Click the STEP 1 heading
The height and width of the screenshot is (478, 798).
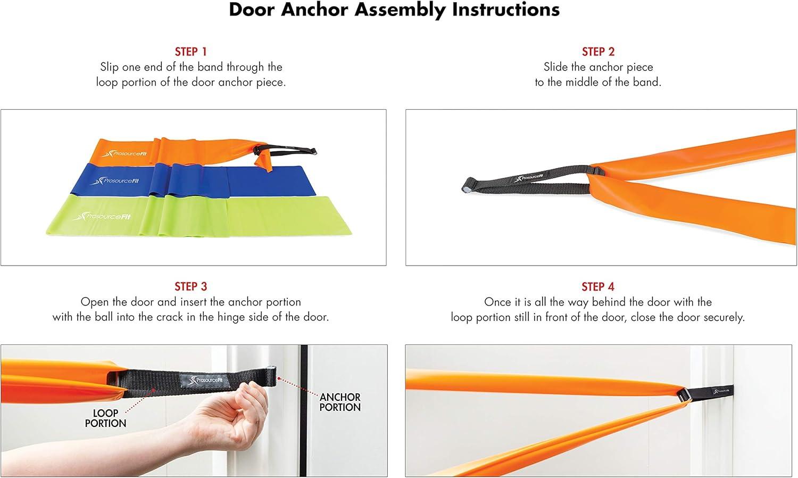click(x=190, y=52)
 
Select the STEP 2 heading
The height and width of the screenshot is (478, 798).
click(x=598, y=52)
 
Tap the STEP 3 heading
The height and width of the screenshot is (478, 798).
click(x=190, y=286)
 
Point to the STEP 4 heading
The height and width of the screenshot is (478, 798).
click(x=598, y=286)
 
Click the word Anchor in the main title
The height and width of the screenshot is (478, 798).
click(x=314, y=10)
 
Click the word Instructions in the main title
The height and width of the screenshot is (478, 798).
click(x=506, y=10)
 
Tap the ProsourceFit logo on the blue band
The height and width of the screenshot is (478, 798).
click(x=115, y=181)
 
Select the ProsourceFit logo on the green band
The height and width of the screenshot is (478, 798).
click(x=102, y=216)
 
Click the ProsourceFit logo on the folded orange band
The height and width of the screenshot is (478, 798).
click(x=124, y=154)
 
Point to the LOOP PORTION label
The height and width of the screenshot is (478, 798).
click(x=105, y=418)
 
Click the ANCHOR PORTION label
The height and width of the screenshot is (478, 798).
click(x=340, y=402)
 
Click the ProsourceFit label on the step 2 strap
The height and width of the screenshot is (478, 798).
click(x=529, y=177)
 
